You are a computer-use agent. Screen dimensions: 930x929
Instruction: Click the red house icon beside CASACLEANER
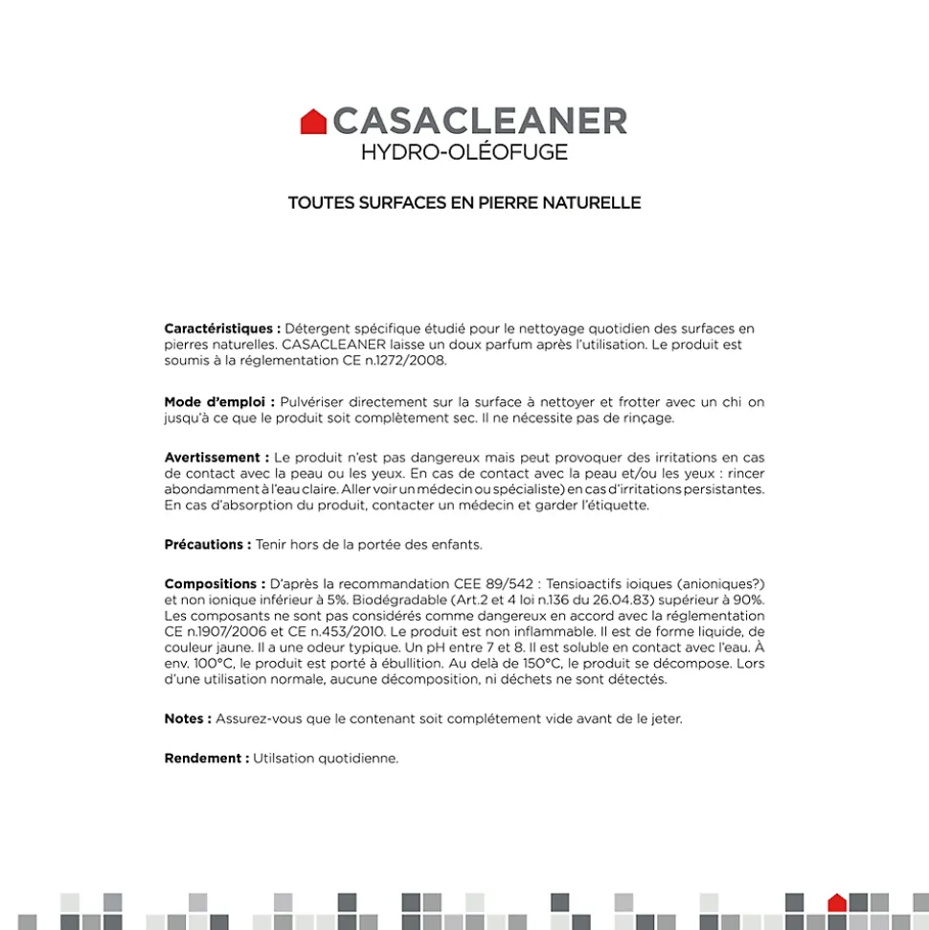click(313, 122)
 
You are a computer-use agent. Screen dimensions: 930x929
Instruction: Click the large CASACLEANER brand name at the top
click(480, 122)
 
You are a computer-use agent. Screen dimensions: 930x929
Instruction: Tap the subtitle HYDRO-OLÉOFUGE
click(464, 152)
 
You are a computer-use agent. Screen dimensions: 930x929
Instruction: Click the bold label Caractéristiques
click(222, 329)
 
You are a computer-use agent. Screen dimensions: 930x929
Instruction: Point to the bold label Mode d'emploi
click(219, 402)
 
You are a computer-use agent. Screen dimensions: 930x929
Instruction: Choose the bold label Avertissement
click(216, 458)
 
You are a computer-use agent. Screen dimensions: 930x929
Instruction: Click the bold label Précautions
click(207, 544)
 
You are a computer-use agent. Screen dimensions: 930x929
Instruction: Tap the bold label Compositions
click(215, 583)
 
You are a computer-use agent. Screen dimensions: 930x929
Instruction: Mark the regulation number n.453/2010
click(343, 632)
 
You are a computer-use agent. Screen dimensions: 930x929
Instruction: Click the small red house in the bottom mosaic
click(836, 902)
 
